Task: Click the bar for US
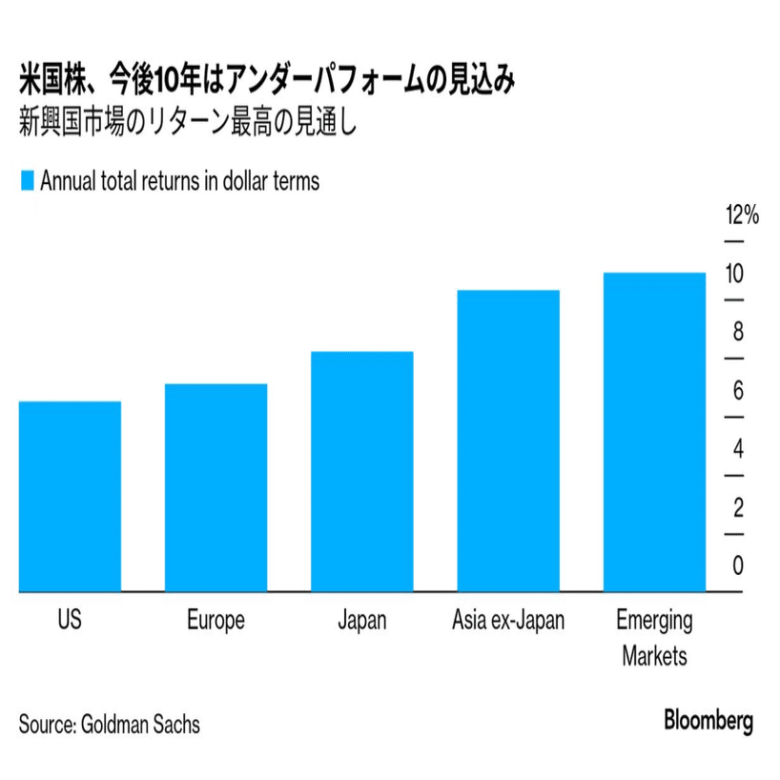point(70,496)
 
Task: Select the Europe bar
point(216,487)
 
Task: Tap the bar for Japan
point(362,471)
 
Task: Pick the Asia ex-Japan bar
point(508,441)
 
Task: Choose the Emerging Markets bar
point(654,432)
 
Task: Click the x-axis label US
point(70,620)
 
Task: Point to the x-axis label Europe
point(216,620)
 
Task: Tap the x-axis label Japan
point(362,620)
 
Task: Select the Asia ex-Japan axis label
point(508,620)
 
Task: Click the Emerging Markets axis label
point(654,638)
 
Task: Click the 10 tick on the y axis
point(733,274)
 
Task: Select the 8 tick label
point(737,333)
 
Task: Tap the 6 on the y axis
point(737,391)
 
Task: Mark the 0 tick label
point(737,565)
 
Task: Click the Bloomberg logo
point(708,721)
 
